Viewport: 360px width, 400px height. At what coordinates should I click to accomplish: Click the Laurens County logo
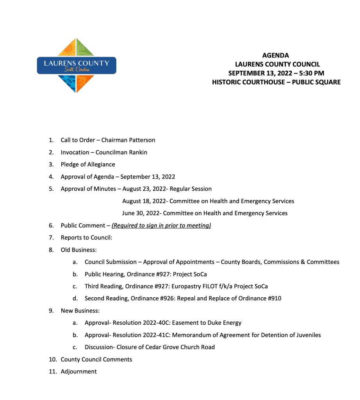click(76, 66)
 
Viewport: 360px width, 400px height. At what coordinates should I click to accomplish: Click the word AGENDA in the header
click(276, 55)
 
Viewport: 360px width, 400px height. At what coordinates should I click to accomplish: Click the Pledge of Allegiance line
click(88, 164)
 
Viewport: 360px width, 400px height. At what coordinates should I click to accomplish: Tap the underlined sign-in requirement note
click(161, 225)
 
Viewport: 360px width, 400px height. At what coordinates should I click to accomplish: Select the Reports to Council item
click(86, 237)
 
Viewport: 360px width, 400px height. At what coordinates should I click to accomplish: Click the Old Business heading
click(78, 250)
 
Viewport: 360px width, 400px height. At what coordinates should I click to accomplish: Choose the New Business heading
click(80, 311)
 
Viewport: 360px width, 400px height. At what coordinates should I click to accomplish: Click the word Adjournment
click(78, 371)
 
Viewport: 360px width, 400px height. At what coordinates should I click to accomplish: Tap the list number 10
click(52, 359)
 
